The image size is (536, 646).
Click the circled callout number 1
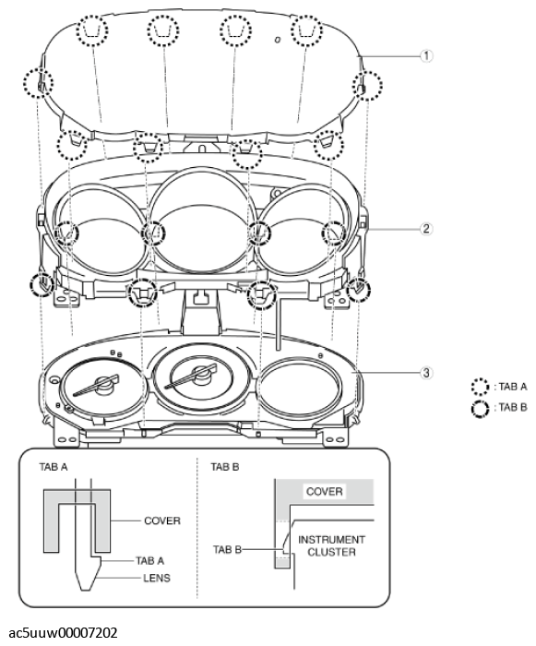click(426, 55)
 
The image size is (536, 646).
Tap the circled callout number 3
click(426, 373)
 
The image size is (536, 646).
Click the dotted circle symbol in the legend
click(478, 388)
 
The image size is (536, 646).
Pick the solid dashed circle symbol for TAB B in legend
click(478, 407)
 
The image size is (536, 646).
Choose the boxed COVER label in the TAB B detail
click(325, 492)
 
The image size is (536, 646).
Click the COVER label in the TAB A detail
click(161, 520)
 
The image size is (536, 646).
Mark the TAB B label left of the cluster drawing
click(225, 550)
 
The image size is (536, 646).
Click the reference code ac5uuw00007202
click(58, 633)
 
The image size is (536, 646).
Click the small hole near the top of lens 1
click(276, 40)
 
